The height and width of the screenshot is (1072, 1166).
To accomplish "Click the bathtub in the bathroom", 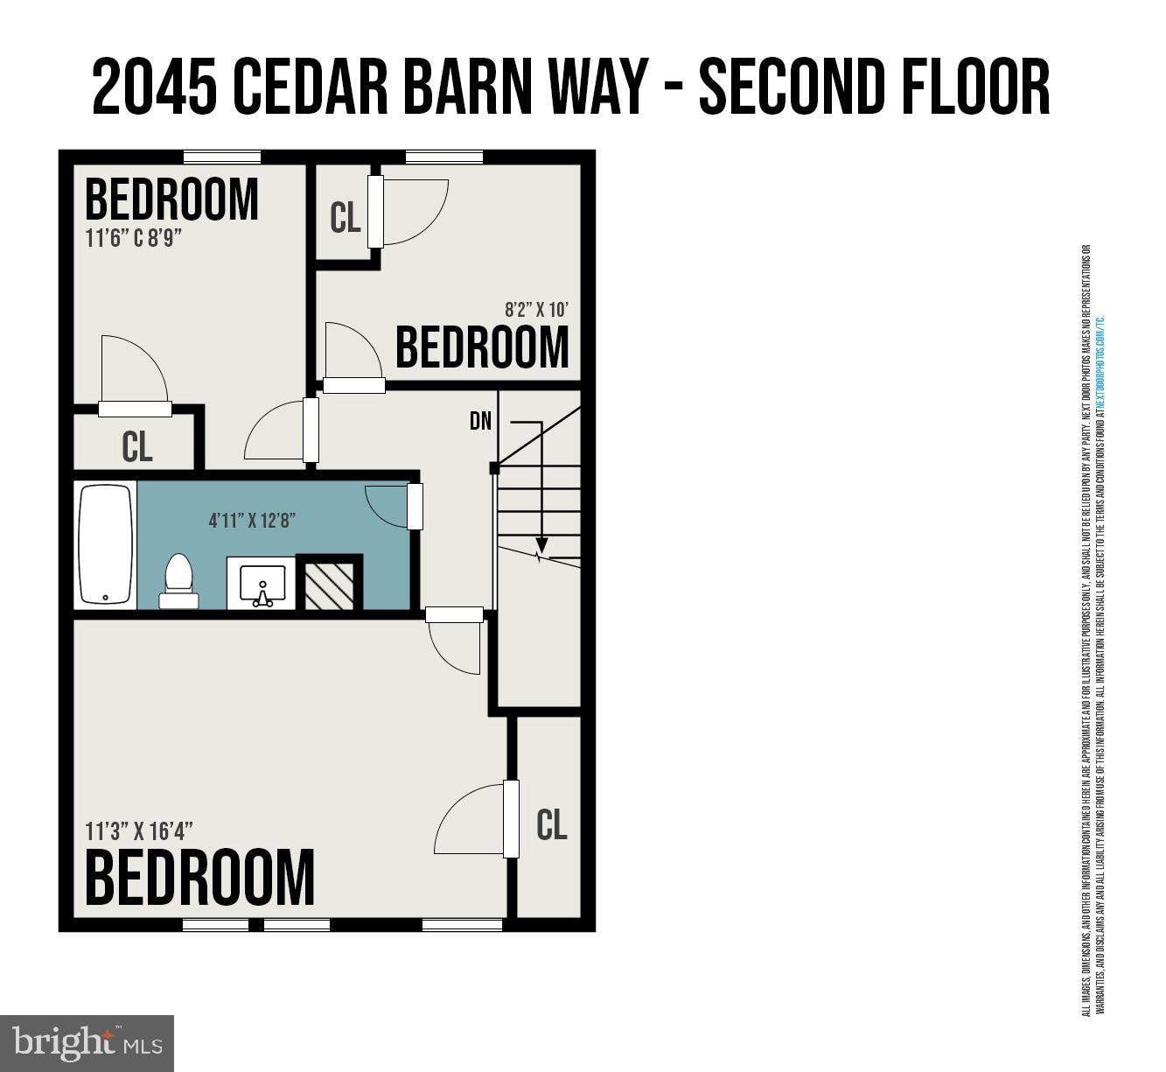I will tap(105, 544).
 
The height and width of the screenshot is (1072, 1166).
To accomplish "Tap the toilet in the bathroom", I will tap(178, 580).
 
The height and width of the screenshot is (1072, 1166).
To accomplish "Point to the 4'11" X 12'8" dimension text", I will tap(252, 521).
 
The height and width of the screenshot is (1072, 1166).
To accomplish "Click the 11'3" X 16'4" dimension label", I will tap(139, 830).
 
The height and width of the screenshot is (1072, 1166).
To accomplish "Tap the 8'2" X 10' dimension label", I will tap(537, 309).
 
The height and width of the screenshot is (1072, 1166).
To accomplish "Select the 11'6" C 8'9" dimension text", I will tap(133, 238).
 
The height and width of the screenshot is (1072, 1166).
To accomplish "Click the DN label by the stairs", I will tap(480, 421).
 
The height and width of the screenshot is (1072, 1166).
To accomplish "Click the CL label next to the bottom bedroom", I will tap(551, 824).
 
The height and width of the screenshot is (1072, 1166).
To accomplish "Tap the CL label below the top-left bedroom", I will tap(137, 446).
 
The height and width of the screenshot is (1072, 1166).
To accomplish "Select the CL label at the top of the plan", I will tap(345, 218).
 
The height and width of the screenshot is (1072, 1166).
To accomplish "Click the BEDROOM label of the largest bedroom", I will tap(199, 877).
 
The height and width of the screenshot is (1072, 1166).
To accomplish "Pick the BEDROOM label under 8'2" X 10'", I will tap(482, 347).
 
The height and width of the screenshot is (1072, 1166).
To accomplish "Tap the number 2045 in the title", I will tap(154, 88).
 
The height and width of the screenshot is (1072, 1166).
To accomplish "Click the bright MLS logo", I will tap(87, 1043).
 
